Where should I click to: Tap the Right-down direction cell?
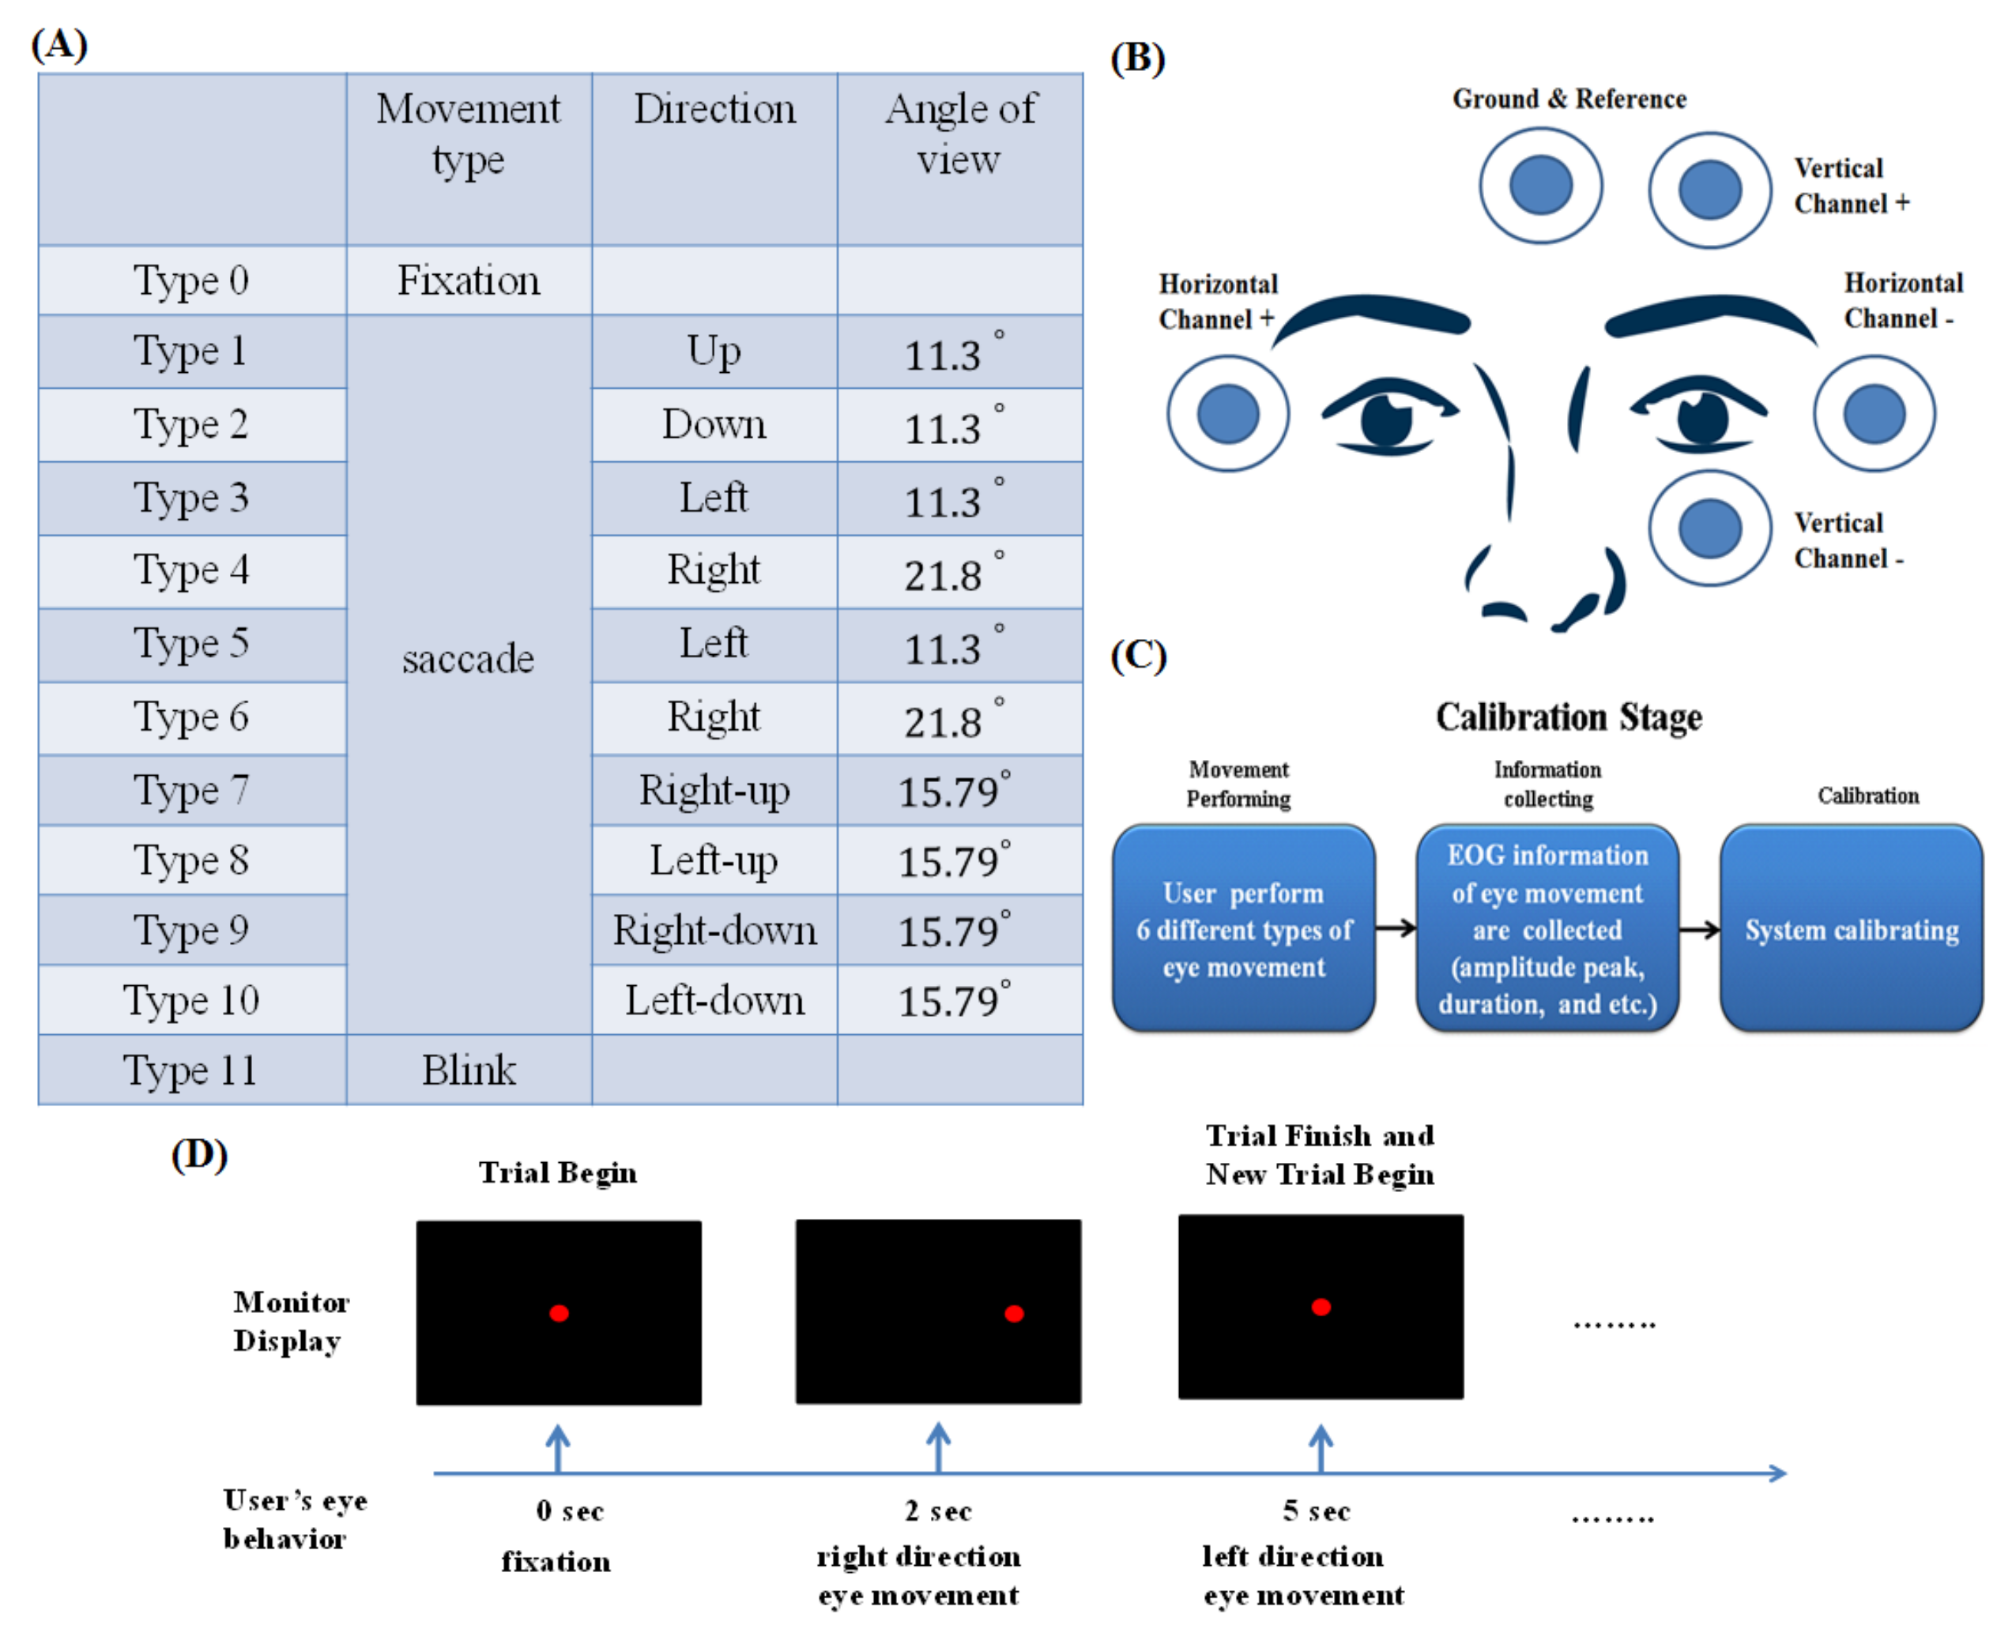[714, 930]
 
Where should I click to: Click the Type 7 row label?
[190, 790]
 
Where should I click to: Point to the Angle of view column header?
[959, 134]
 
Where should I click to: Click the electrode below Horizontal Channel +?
[1227, 414]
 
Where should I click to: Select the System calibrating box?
[1851, 929]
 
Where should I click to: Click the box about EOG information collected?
[1547, 929]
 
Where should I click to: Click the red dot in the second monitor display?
[1013, 1314]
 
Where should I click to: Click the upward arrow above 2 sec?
[939, 1446]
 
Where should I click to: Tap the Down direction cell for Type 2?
[714, 425]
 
